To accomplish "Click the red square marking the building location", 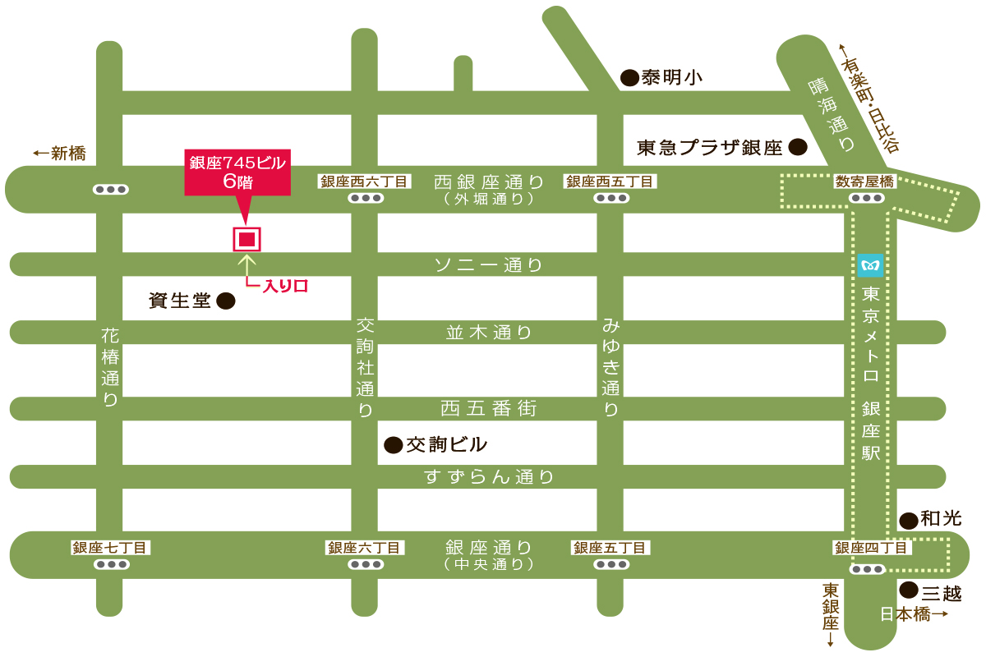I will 246,239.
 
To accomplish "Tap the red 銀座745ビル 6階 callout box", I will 237,172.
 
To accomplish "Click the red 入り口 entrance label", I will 284,286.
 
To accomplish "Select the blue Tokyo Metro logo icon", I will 869,265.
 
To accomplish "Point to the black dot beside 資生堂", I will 225,301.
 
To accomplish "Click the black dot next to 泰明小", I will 629,78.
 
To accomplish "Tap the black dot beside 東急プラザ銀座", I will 797,147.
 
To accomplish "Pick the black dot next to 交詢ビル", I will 394,445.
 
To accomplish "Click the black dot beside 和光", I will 908,520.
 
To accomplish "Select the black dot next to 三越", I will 908,590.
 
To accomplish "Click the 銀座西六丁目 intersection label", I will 364,181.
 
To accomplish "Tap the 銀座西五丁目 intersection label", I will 610,181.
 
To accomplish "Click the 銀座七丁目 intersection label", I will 110,548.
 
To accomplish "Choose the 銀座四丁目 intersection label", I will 871,548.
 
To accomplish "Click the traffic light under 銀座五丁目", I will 610,565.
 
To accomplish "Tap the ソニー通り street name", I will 489,265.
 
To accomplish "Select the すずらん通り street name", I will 489,476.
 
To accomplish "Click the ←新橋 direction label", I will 59,153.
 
